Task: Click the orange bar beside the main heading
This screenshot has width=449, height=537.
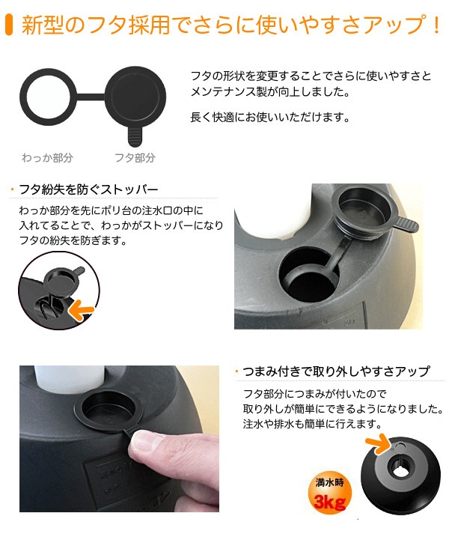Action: [x=9, y=25]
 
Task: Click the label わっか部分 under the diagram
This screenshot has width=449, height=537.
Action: [x=47, y=158]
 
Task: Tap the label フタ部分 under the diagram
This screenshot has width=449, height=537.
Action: [x=135, y=158]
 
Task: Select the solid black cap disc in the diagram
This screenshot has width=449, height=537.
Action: [x=135, y=97]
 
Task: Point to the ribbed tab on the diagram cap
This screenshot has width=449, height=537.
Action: [x=135, y=136]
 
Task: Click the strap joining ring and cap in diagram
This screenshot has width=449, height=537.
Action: [x=91, y=97]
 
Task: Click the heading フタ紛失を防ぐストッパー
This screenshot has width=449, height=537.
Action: [x=88, y=189]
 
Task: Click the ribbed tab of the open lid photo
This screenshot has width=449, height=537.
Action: [x=406, y=225]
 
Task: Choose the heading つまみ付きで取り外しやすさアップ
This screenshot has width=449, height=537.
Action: [x=336, y=371]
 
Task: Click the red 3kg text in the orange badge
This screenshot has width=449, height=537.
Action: [x=329, y=502]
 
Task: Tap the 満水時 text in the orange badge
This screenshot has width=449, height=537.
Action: [x=329, y=482]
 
